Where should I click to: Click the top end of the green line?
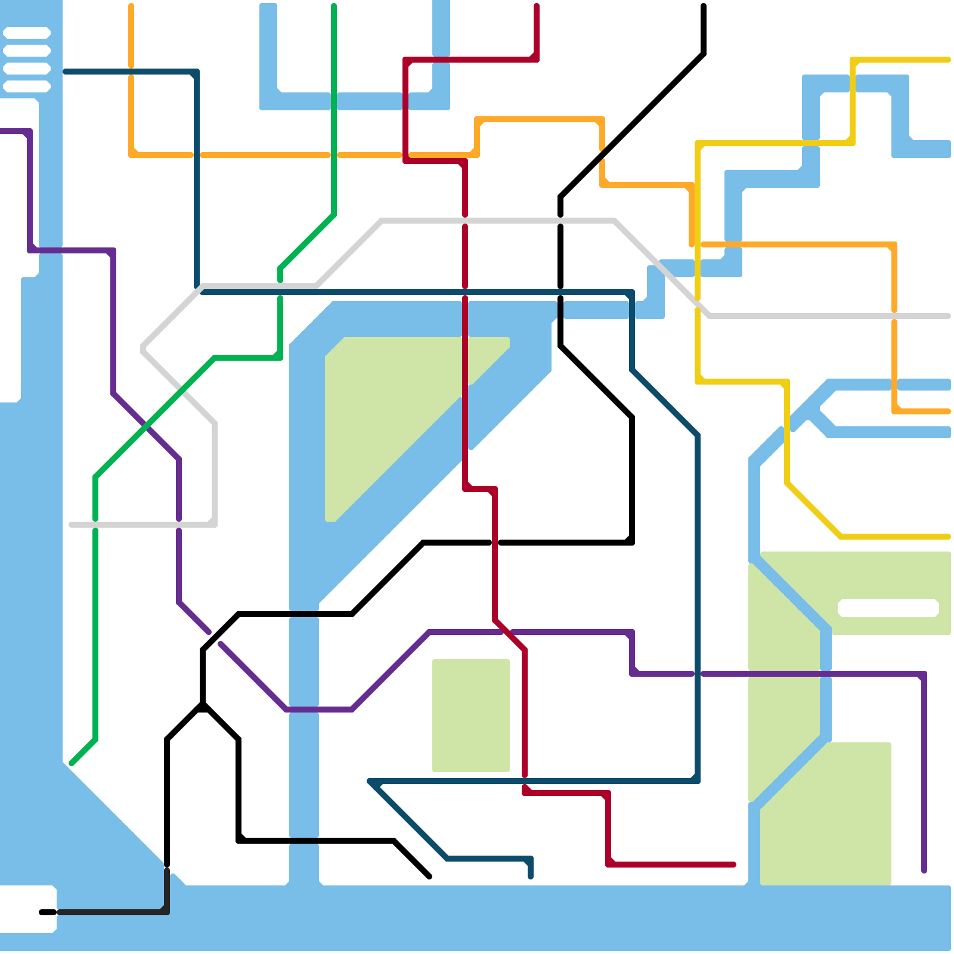click(334, 6)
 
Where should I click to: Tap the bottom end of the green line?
click(72, 763)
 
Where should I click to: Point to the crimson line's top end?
click(537, 6)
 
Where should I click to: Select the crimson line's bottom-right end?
click(733, 865)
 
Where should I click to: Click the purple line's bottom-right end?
click(924, 871)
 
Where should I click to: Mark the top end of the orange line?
click(131, 6)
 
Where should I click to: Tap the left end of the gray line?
click(72, 525)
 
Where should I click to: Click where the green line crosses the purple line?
click(146, 426)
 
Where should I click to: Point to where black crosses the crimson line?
click(495, 543)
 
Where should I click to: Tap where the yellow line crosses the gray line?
click(698, 304)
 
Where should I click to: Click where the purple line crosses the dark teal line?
click(698, 674)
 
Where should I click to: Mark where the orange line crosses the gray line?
click(894, 316)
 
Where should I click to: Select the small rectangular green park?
click(471, 715)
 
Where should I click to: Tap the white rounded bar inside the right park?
click(888, 608)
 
